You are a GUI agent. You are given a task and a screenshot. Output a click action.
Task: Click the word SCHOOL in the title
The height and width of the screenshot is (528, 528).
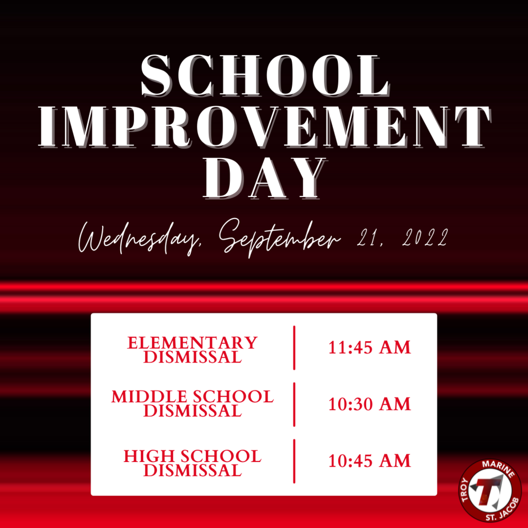click(x=265, y=76)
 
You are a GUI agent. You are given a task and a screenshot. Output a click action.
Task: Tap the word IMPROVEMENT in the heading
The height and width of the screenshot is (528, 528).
click(x=265, y=127)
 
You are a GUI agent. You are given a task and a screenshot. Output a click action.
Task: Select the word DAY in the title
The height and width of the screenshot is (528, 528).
click(x=265, y=178)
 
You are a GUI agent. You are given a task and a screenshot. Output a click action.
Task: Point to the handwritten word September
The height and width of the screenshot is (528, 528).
click(x=280, y=238)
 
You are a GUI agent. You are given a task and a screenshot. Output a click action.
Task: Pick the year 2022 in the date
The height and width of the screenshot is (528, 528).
click(x=425, y=237)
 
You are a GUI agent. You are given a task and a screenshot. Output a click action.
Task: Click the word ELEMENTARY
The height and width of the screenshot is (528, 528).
click(x=192, y=343)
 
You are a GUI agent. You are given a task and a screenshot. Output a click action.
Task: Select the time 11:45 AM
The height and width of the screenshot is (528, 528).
click(x=369, y=348)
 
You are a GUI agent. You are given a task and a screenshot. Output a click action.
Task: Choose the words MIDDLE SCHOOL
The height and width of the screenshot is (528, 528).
click(x=192, y=397)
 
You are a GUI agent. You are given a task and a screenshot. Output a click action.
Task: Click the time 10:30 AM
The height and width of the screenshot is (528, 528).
click(x=369, y=404)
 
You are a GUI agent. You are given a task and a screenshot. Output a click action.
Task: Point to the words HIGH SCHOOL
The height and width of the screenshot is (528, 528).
click(x=192, y=456)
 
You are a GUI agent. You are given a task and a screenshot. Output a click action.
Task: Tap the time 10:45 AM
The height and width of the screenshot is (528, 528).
click(x=369, y=460)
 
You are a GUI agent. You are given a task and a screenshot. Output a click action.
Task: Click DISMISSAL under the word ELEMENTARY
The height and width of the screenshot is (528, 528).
click(x=192, y=357)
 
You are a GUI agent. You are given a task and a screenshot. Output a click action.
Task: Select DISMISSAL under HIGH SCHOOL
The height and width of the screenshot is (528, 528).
click(x=192, y=470)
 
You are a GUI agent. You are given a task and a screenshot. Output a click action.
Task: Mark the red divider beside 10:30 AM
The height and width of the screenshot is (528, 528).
click(x=294, y=404)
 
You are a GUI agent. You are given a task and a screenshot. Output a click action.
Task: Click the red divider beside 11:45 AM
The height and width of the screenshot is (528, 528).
click(x=294, y=348)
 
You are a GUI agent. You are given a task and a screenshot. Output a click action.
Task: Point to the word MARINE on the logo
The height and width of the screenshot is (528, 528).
click(x=499, y=468)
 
